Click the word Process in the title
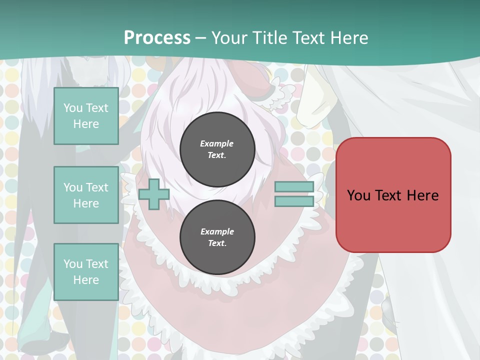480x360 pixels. pyautogui.click(x=157, y=37)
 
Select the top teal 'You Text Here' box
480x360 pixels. pyautogui.click(x=86, y=116)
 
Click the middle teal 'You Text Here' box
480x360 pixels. pyautogui.click(x=86, y=195)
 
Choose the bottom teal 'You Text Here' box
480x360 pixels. pyautogui.click(x=86, y=271)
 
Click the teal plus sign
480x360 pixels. pyautogui.click(x=154, y=194)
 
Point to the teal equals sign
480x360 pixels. pyautogui.click(x=294, y=194)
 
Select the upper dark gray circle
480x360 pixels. pyautogui.click(x=217, y=149)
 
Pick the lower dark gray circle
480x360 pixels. pyautogui.click(x=217, y=237)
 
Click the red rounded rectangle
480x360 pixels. pyautogui.click(x=393, y=195)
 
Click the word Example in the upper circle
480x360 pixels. pyautogui.click(x=217, y=143)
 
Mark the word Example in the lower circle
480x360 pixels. pyautogui.click(x=217, y=231)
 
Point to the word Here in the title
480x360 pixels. pyautogui.click(x=350, y=37)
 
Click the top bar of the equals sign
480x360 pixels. pyautogui.click(x=294, y=187)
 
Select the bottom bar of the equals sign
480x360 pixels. pyautogui.click(x=294, y=201)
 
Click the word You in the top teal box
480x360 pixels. pyautogui.click(x=72, y=108)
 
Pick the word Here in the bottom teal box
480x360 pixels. pyautogui.click(x=86, y=280)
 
